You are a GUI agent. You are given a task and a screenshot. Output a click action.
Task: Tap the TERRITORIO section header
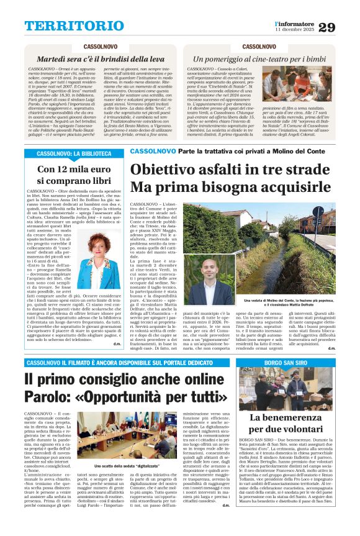65,26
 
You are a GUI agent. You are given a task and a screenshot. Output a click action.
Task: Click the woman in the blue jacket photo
99,260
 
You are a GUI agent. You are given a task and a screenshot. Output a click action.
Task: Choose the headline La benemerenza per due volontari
286,423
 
